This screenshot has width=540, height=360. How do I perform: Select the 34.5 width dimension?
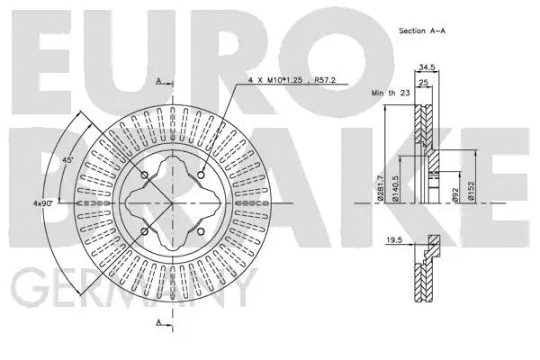click(x=427, y=67)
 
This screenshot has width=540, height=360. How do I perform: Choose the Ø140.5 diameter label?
click(x=397, y=187)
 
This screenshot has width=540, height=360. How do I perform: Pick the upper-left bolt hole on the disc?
click(x=144, y=175)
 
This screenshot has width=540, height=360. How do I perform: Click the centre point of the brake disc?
click(x=172, y=203)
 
